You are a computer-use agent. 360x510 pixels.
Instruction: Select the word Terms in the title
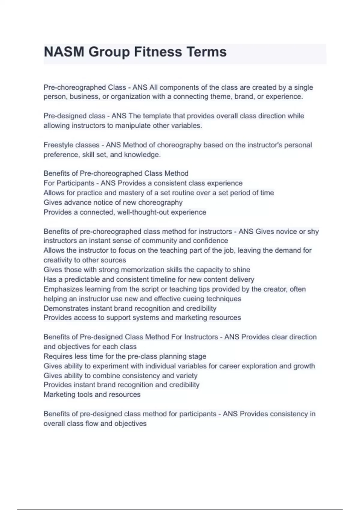pos(207,52)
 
